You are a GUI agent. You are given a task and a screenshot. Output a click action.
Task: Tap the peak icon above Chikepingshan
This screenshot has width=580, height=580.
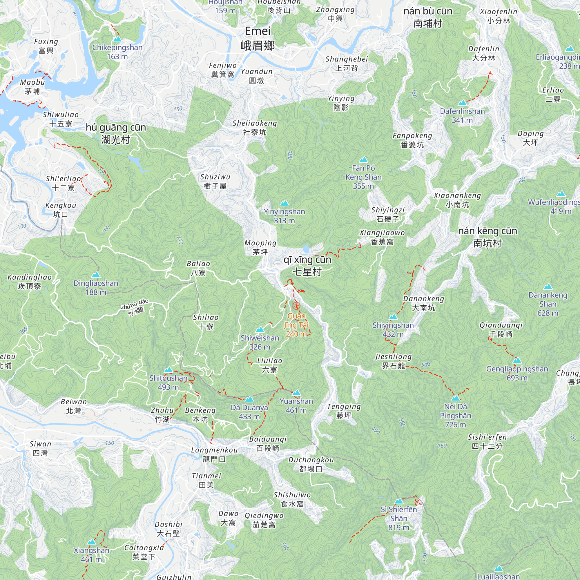point(117,39)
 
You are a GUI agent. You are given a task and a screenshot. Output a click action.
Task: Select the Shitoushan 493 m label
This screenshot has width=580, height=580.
point(168,383)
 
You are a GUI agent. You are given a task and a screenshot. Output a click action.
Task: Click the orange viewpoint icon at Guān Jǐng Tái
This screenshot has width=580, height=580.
point(296,306)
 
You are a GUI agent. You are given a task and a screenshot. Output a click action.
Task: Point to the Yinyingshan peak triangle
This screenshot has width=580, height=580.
point(284,203)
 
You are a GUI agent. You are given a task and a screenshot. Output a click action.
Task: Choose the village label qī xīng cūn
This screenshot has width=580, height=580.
point(307,266)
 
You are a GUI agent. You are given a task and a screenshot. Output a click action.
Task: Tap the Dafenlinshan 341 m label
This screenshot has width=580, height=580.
point(462,116)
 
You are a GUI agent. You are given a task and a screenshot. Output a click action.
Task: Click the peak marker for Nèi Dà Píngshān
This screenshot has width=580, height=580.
point(455,398)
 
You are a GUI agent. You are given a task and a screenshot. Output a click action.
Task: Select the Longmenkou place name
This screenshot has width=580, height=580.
point(214,454)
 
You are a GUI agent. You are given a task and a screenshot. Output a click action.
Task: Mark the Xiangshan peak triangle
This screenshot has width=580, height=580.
point(91,542)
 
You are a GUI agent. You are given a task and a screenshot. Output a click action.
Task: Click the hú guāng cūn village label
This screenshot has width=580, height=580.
point(116,133)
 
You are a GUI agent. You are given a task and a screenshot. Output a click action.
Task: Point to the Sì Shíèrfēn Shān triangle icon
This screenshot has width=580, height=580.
point(399,501)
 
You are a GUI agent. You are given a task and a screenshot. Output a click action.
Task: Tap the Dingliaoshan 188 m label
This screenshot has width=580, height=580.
point(96,288)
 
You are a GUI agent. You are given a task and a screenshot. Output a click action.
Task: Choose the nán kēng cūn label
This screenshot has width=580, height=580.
point(487,237)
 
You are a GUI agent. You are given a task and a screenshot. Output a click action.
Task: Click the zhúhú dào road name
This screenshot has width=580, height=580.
point(135,307)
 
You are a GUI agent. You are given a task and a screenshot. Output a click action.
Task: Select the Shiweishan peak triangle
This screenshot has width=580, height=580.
point(260,330)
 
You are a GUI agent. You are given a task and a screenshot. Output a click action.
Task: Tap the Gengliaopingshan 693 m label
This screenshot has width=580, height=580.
point(517,373)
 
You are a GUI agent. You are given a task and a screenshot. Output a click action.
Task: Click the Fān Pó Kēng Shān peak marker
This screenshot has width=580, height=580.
point(363,159)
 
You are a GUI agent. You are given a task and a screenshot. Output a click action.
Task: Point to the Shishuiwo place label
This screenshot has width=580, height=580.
point(292,499)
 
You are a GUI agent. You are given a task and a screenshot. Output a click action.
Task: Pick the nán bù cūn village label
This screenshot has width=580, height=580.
point(428,17)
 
